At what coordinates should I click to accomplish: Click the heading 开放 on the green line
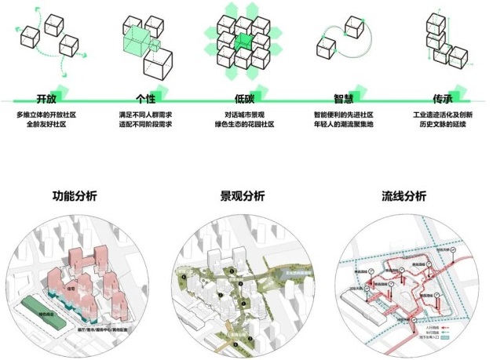[46, 100]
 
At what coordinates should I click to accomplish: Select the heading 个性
[145, 100]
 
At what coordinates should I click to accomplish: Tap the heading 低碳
[244, 100]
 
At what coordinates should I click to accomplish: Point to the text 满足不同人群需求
[145, 115]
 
